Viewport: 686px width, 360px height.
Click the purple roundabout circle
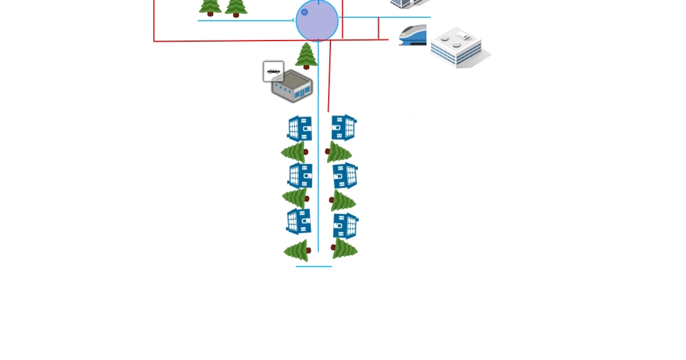pos(317,21)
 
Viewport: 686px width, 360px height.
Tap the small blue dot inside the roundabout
pos(304,12)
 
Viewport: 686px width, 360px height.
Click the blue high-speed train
pos(413,35)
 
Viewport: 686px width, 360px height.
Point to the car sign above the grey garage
pos(273,71)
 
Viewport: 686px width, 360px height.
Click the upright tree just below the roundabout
pos(306,56)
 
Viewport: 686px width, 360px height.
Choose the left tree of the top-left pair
pos(210,6)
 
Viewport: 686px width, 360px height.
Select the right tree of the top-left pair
pos(236,7)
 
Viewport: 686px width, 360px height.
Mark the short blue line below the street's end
pos(314,266)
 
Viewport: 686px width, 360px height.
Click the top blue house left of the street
pos(300,129)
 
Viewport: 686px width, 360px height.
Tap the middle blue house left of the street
pos(300,175)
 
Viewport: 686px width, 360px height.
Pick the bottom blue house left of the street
pos(299,222)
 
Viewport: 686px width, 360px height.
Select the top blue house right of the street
pos(344,127)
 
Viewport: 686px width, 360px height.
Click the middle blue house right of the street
pos(345,175)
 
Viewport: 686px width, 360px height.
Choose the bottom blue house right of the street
pos(346,226)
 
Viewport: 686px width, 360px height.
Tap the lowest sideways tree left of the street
pos(297,251)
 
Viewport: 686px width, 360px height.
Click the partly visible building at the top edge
pos(407,3)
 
